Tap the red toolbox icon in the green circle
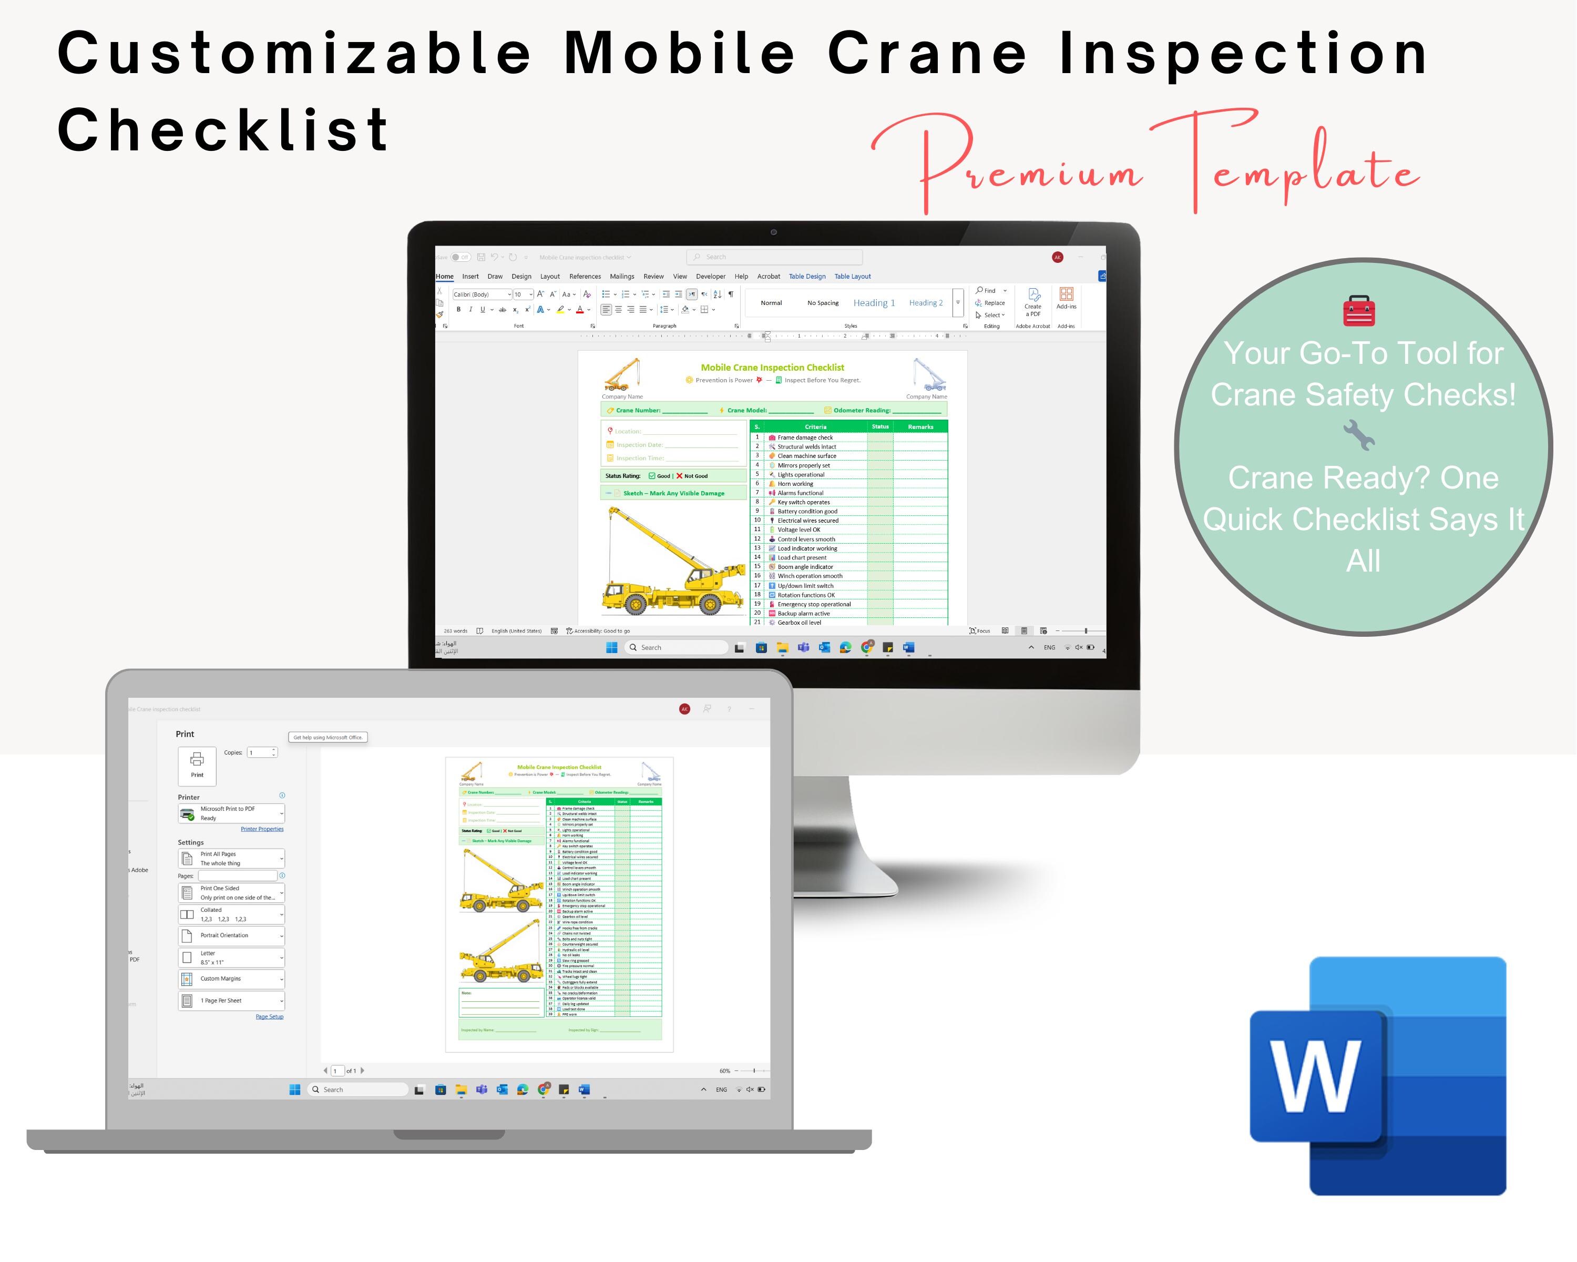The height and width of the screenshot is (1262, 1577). (1359, 311)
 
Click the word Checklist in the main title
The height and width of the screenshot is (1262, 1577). (223, 130)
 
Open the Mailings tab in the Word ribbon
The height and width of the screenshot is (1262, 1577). (622, 277)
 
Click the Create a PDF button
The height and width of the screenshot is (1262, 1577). (1033, 302)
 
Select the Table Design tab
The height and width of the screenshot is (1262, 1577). (807, 277)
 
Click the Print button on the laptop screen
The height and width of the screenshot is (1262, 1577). (197, 765)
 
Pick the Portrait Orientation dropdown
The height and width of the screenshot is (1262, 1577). (231, 935)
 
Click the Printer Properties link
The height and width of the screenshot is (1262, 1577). (262, 829)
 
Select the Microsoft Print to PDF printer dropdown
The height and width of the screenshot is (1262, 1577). (231, 813)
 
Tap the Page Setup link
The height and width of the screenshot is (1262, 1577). (269, 1017)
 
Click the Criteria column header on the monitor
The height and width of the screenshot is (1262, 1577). (815, 426)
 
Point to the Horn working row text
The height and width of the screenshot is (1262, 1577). (795, 484)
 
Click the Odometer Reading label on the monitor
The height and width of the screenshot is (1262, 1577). (862, 411)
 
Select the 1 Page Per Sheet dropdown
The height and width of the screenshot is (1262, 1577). (231, 1001)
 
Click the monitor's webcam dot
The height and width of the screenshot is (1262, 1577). (773, 232)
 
